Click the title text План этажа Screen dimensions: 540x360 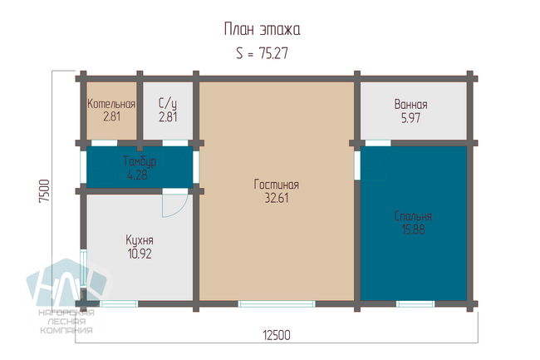(262, 29)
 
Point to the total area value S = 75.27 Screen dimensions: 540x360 (262, 53)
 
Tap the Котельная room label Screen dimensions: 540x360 (111, 104)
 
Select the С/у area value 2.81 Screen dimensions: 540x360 (168, 117)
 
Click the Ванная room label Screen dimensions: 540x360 (411, 105)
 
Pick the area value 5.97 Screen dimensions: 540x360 (411, 118)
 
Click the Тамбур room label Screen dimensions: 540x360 (140, 161)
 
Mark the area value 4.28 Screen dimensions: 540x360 (137, 175)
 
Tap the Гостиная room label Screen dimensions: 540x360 (276, 185)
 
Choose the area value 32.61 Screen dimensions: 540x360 (277, 198)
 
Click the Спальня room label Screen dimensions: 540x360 (413, 216)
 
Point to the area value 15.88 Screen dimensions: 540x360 (413, 229)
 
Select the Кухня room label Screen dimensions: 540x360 (140, 240)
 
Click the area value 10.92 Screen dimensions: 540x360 (140, 254)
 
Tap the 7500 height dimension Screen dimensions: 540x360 (44, 191)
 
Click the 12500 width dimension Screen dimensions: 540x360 (277, 335)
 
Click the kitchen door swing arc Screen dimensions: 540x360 (183, 211)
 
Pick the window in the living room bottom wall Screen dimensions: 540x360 (277, 303)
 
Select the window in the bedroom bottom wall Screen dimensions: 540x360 (415, 303)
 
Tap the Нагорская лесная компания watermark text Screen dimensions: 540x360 (66, 322)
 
